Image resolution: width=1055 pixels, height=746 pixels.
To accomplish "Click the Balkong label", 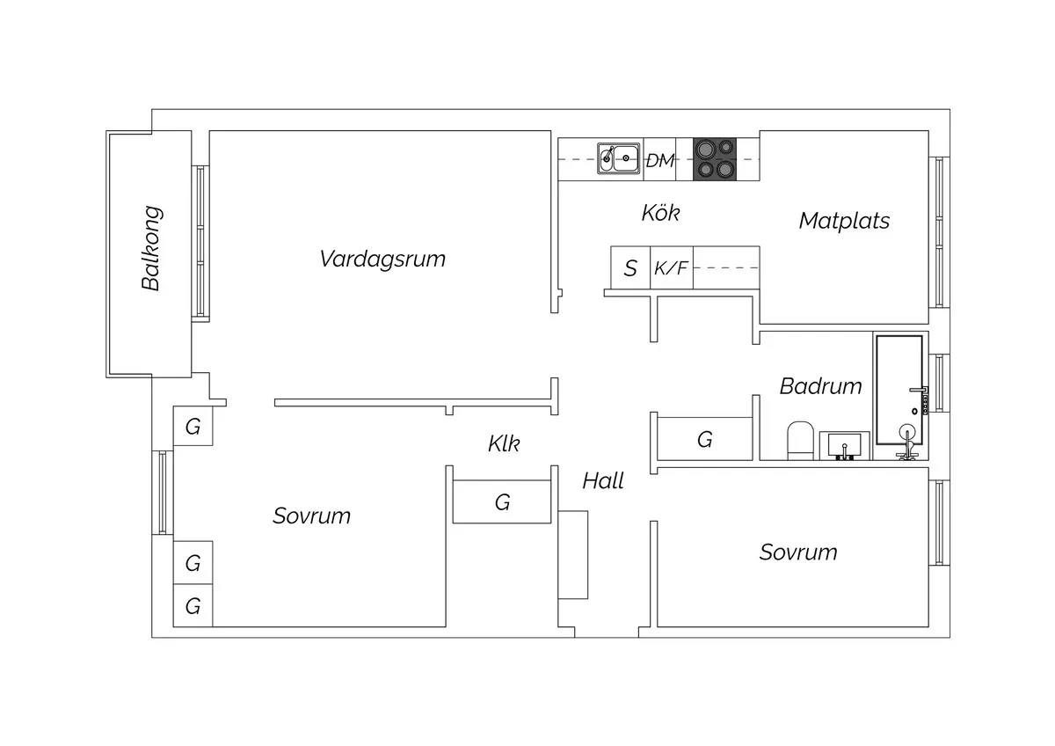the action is (151, 248).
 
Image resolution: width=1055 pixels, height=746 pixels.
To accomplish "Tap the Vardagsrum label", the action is (382, 260).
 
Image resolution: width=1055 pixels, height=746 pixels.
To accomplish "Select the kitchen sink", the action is (619, 158).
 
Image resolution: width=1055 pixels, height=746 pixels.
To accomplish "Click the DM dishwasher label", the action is (660, 161).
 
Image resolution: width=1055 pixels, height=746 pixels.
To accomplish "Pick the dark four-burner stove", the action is (715, 159).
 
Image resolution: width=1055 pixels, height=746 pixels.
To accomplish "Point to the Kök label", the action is (661, 213).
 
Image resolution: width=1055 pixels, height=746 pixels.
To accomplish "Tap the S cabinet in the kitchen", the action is (630, 267).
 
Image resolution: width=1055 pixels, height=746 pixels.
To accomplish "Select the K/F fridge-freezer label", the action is (671, 267).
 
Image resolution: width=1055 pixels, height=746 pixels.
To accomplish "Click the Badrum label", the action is (820, 386).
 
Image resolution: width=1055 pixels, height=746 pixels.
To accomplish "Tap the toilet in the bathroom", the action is (801, 441).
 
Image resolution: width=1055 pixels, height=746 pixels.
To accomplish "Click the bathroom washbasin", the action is (845, 445).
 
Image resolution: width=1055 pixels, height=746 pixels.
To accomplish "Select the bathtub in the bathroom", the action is (899, 390).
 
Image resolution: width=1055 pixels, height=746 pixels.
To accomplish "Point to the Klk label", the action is (504, 443).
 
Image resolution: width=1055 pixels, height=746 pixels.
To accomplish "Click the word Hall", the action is (603, 481).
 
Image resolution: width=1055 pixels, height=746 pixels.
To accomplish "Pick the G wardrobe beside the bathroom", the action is (704, 439).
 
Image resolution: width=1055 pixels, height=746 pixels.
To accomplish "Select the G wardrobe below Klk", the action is (502, 502).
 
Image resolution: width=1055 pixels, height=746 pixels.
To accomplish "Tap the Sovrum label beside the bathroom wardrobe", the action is (798, 552).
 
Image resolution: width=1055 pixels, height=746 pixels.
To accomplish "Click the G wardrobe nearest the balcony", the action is (193, 426).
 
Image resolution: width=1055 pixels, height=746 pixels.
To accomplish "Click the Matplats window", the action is (939, 232).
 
